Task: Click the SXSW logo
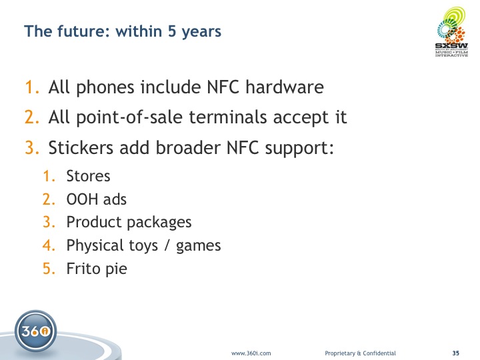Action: (452, 32)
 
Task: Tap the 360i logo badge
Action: (35, 331)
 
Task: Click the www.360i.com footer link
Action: (251, 353)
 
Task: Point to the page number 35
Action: (456, 353)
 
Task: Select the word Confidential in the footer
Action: (379, 353)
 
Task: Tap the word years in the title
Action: (201, 32)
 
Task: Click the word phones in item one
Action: (105, 87)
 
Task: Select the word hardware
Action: (285, 87)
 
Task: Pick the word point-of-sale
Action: (129, 117)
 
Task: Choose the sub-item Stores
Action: (88, 176)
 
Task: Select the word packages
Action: (160, 223)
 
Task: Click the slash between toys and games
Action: (167, 245)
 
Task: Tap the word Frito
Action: (83, 269)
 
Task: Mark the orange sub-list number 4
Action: (49, 245)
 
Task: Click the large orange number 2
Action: (32, 117)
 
